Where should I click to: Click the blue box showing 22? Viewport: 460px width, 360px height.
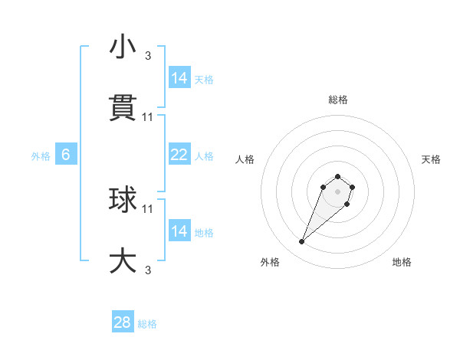179,155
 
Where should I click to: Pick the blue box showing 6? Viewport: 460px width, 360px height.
66,155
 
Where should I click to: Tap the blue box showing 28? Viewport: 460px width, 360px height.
122,322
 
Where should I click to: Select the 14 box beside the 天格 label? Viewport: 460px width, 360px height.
179,78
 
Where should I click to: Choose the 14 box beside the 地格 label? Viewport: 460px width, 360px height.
179,231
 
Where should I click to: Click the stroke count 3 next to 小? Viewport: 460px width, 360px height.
148,55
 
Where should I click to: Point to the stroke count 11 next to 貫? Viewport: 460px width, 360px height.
148,116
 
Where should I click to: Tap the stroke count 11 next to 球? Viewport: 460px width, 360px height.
148,208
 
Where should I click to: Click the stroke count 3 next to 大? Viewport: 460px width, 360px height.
148,270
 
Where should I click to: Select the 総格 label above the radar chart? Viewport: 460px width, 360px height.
338,100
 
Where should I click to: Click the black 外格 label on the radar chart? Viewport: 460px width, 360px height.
270,262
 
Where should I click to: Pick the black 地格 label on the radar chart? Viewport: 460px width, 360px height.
402,262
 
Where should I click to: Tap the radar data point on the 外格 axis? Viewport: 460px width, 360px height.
302,242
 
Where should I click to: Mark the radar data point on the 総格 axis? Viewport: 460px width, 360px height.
338,173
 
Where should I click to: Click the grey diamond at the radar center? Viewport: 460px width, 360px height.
338,191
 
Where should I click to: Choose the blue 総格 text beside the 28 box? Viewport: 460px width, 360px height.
148,324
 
